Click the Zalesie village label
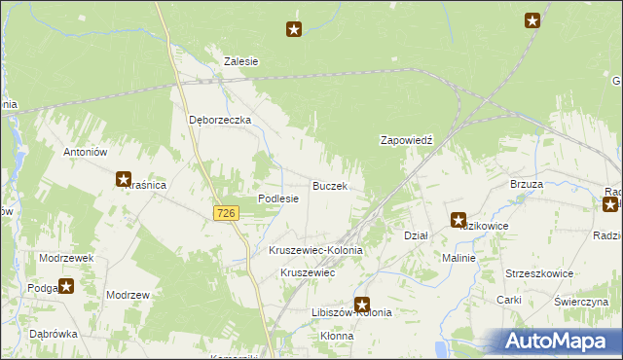[x=240, y=60]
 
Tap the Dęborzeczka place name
[x=220, y=120]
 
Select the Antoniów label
[x=85, y=152]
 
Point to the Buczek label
[x=329, y=185]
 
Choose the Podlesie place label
[x=277, y=198]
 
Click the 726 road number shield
[x=227, y=212]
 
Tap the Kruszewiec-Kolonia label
[x=315, y=250]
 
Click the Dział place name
[x=416, y=235]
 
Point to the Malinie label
[x=458, y=258]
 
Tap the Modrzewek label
[x=66, y=258]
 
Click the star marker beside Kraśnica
[x=124, y=179]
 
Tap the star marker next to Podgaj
[x=66, y=286]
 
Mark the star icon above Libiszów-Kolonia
[x=362, y=305]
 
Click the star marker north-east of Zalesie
[x=294, y=30]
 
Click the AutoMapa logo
[x=558, y=341]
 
